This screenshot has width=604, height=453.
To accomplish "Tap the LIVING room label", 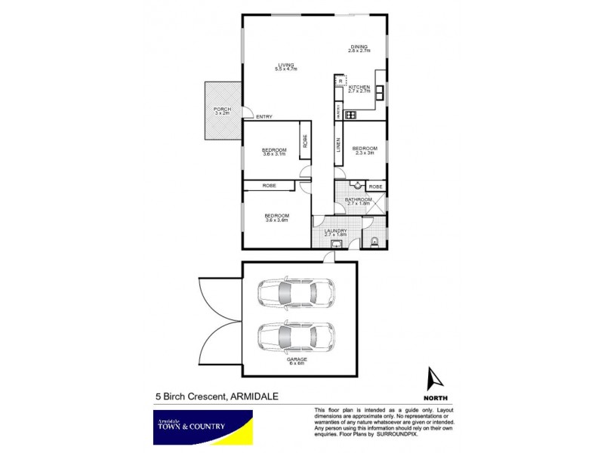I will point(285,66).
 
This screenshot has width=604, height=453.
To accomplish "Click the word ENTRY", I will point(263,116).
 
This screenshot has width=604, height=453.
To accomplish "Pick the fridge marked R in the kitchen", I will point(340,82).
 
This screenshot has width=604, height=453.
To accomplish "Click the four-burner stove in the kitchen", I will point(350,115).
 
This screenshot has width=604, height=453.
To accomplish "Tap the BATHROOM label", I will point(358,202).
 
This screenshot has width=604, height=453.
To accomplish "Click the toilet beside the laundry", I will point(376,242).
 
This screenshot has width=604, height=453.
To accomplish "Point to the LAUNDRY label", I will point(336,233).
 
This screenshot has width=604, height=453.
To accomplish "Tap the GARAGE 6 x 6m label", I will point(297,362).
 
